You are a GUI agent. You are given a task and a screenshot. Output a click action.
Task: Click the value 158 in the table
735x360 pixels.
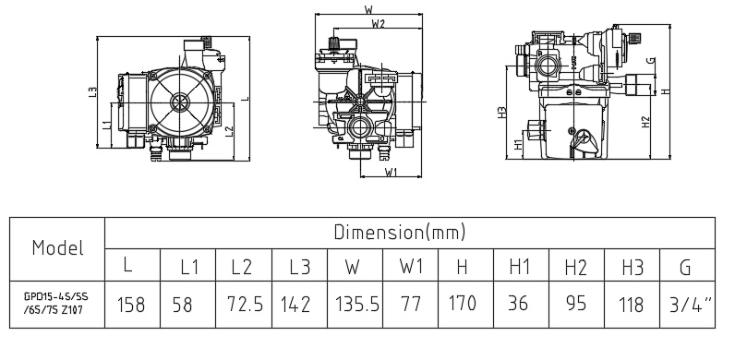pyautogui.click(x=131, y=305)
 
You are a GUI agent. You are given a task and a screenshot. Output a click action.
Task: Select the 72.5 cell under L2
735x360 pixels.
pyautogui.click(x=245, y=305)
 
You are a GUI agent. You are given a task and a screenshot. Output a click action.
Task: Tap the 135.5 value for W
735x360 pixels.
pyautogui.click(x=356, y=305)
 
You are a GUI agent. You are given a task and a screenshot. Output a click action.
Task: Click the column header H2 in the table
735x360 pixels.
pyautogui.click(x=575, y=267)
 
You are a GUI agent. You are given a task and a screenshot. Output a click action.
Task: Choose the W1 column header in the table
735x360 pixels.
pyautogui.click(x=411, y=267)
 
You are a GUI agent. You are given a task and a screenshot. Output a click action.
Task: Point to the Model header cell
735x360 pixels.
pyautogui.click(x=57, y=247)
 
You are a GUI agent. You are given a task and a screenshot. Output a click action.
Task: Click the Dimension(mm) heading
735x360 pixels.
pyautogui.click(x=400, y=232)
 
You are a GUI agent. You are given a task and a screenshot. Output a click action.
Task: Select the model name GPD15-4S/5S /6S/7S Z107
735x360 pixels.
pyautogui.click(x=56, y=304)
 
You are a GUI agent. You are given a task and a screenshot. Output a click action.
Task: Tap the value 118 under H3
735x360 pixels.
pyautogui.click(x=631, y=306)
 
